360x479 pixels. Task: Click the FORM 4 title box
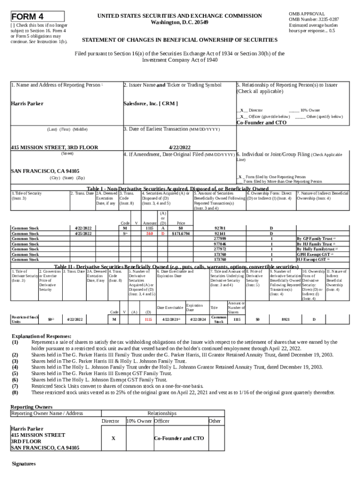pyautogui.click(x=37, y=16)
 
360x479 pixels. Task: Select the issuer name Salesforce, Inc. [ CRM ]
pyautogui.click(x=151, y=103)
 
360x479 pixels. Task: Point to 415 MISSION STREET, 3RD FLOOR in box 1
pyautogui.click(x=54, y=147)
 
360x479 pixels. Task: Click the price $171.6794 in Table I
pyautogui.click(x=181, y=233)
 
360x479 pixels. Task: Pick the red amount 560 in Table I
pyautogui.click(x=150, y=233)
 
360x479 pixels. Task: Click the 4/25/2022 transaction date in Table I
pyautogui.click(x=83, y=233)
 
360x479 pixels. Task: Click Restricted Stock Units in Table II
pyautogui.click(x=25, y=319)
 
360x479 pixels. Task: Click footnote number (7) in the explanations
pyautogui.click(x=15, y=386)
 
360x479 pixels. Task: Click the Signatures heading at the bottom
pyautogui.click(x=23, y=464)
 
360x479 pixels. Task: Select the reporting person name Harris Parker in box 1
pyautogui.click(x=27, y=103)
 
